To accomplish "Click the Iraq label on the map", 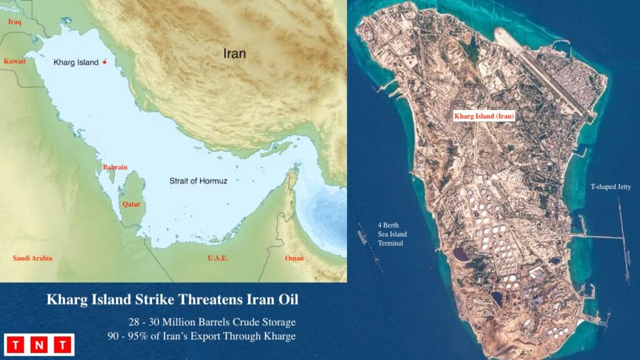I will pos(14,22).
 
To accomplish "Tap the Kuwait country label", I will pos(14,61).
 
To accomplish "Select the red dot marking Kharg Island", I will pos(104,62).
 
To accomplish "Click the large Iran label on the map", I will pos(234,54).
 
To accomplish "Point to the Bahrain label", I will pos(115,167).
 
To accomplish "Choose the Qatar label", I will pos(131,204).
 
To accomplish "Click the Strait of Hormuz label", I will pos(198,181).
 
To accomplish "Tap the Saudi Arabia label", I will pos(32,258).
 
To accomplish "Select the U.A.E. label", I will pos(217,258).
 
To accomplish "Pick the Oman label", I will pos(294,258).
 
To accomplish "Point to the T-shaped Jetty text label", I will pos(612,187).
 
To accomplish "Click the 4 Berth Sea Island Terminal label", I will pos(392,234).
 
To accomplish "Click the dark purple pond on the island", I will pos(461,254).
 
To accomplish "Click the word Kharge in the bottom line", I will pos(278,335).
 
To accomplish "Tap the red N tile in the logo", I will pos(39,344).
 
